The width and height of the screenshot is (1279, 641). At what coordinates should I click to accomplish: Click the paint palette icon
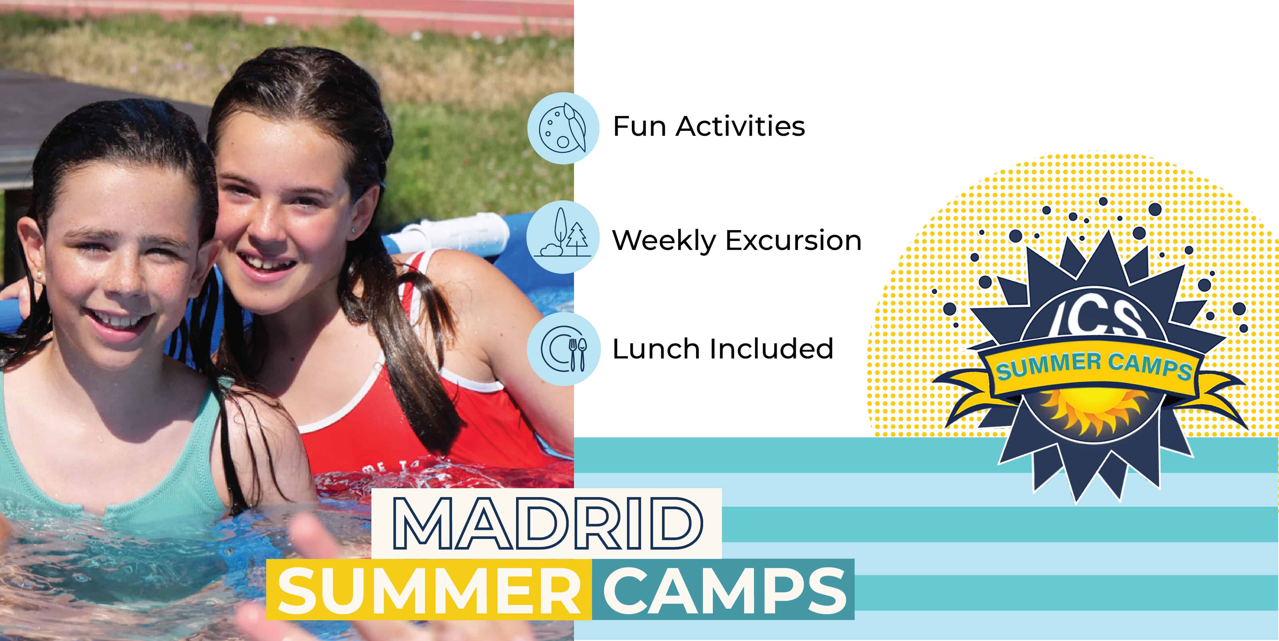click(563, 128)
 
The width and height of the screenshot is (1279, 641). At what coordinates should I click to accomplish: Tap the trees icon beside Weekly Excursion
click(563, 237)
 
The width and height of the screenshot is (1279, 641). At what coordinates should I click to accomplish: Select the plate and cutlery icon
click(563, 349)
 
